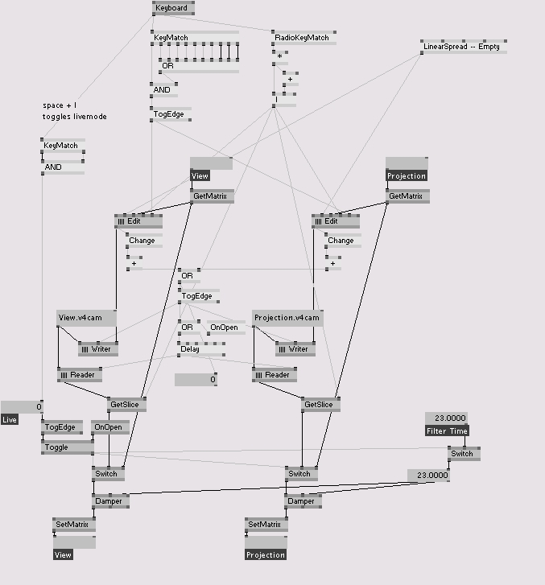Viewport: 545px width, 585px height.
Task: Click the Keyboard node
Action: pos(172,8)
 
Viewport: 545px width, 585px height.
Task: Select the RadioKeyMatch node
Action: pos(303,37)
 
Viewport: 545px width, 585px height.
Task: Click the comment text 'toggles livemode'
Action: pos(74,117)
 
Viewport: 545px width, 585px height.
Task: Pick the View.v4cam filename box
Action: pos(86,318)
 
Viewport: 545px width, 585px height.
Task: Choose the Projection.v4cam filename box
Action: pos(287,318)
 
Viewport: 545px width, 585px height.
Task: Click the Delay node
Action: pos(190,349)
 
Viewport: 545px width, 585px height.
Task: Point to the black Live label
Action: pos(10,419)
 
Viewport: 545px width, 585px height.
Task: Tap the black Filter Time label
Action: pos(446,431)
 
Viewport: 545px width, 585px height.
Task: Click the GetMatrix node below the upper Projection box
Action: pos(407,196)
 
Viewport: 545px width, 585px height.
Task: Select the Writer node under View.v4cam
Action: pos(98,349)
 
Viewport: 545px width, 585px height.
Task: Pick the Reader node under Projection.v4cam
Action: pos(274,375)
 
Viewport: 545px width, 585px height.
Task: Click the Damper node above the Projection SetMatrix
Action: pos(303,501)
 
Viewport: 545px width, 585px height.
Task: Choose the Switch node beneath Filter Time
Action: pos(463,454)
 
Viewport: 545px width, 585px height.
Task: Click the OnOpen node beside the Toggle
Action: pos(108,427)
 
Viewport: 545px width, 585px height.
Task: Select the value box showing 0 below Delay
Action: pos(196,380)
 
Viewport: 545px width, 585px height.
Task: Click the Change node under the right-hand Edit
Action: pos(341,241)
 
